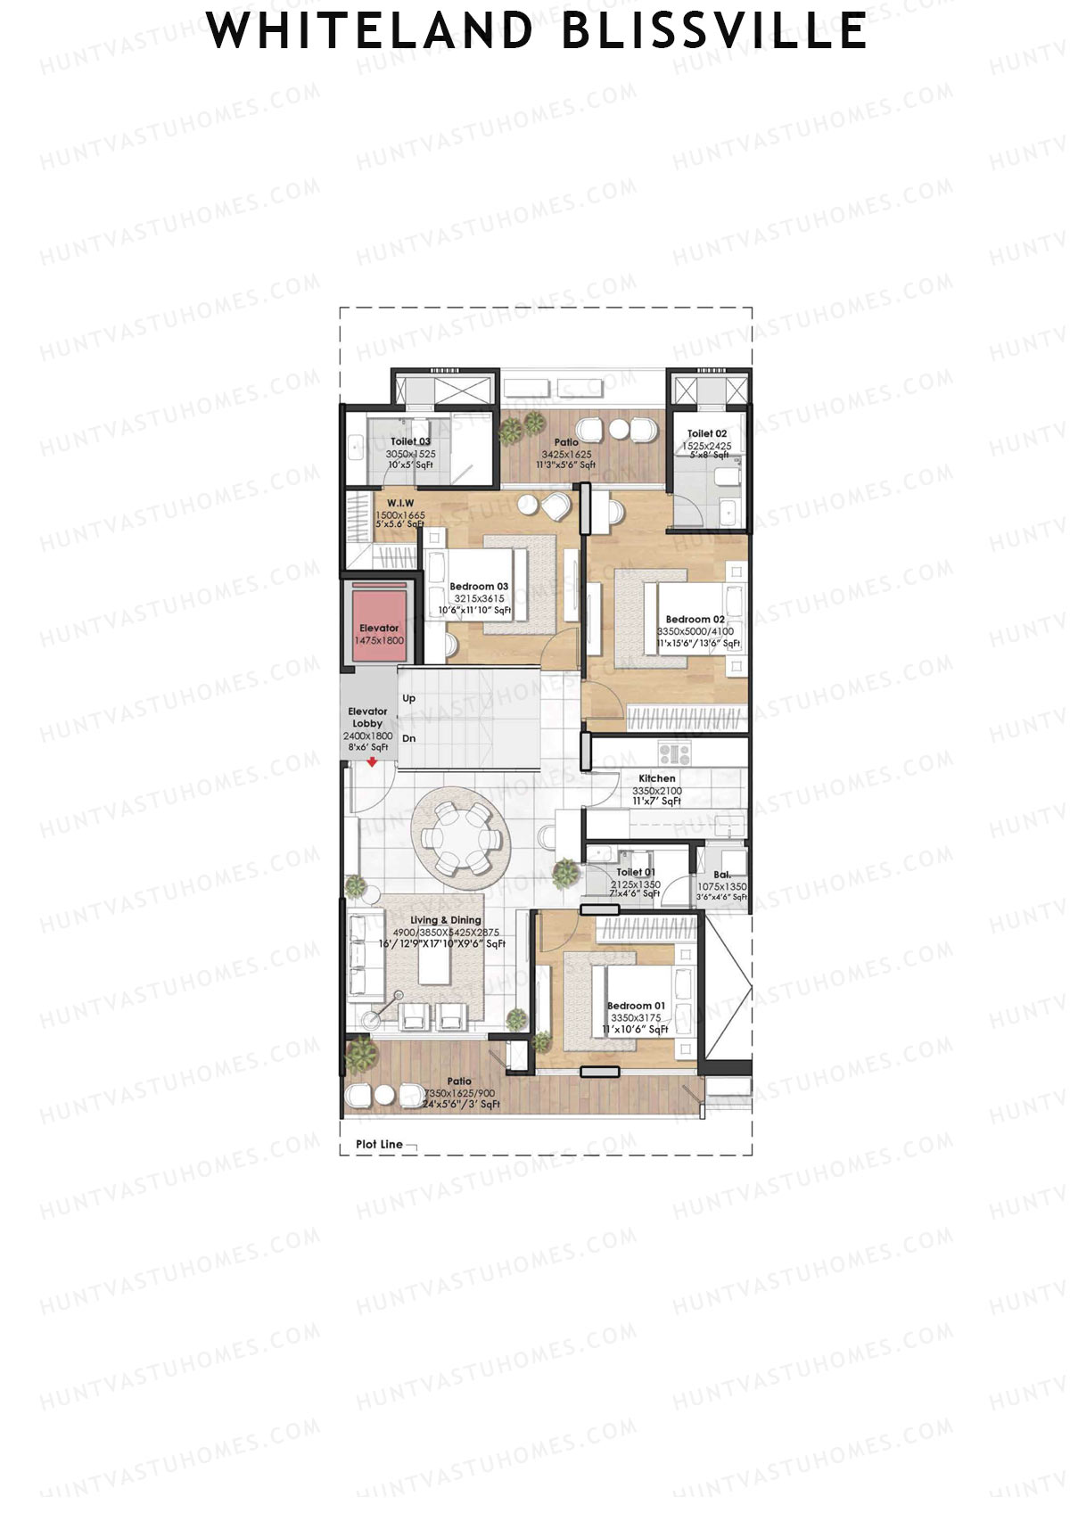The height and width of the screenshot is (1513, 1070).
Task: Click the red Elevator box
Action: (379, 622)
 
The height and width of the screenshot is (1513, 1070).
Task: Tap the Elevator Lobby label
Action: (367, 718)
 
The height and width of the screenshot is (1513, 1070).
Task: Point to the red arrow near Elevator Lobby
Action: (372, 761)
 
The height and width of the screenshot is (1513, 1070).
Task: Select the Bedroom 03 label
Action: (479, 587)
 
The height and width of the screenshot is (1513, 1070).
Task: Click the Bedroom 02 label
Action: (695, 619)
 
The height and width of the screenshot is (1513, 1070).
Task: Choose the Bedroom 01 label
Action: (636, 1006)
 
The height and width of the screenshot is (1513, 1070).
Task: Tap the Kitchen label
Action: (657, 778)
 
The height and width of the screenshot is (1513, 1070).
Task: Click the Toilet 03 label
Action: (410, 441)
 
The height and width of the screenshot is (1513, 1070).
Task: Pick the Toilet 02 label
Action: (707, 434)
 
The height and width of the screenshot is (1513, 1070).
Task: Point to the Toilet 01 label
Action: (636, 872)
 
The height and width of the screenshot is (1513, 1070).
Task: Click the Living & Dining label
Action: (446, 920)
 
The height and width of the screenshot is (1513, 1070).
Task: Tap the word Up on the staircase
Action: (409, 698)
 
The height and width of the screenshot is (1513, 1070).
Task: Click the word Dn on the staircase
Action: (409, 738)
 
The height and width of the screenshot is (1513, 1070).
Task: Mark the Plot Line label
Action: (379, 1144)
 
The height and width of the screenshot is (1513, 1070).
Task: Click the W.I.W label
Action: (400, 504)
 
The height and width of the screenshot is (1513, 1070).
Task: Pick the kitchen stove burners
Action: (674, 754)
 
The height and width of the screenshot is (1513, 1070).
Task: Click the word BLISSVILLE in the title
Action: (714, 31)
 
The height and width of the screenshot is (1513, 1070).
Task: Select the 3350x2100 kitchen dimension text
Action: (657, 791)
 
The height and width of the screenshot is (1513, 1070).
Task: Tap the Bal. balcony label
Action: (721, 876)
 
